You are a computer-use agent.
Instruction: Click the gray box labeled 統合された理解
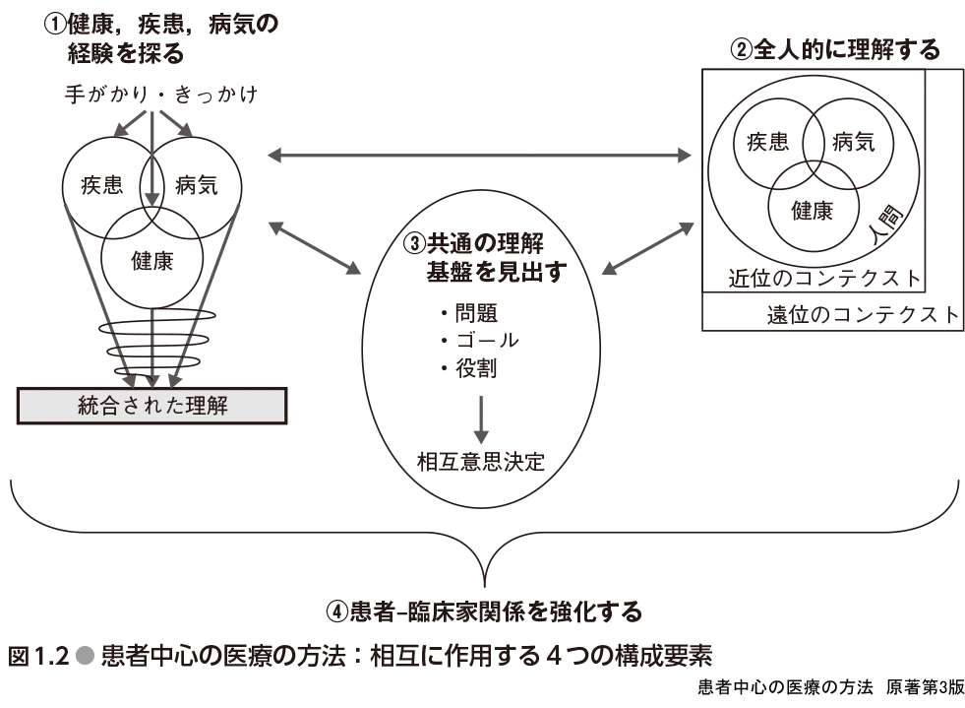[151, 404]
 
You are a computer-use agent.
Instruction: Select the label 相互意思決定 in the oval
[481, 461]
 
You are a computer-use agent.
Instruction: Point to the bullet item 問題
[468, 313]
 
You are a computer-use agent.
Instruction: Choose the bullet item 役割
[468, 368]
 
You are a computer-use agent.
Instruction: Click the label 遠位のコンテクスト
[862, 315]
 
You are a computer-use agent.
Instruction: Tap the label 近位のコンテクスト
[824, 278]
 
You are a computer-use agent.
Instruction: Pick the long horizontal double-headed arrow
[480, 154]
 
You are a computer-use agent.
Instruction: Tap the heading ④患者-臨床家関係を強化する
[483, 611]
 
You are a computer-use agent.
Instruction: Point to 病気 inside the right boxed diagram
[853, 143]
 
